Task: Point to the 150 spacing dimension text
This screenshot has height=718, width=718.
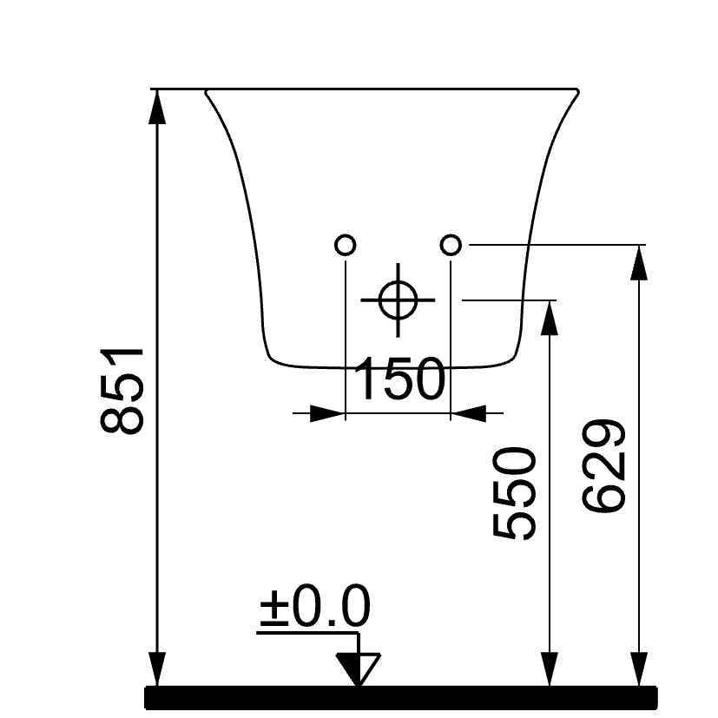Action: click(x=399, y=379)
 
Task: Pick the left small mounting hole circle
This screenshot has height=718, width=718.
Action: click(x=346, y=246)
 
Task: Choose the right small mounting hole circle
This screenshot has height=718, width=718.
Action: click(x=451, y=246)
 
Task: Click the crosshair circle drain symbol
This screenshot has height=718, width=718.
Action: click(x=398, y=300)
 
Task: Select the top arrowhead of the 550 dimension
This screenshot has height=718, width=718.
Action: click(x=548, y=316)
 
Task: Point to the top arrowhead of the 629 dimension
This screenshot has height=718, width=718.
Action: click(x=640, y=261)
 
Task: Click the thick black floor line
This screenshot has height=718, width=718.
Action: click(x=399, y=697)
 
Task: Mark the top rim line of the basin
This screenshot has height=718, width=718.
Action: click(x=391, y=89)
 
